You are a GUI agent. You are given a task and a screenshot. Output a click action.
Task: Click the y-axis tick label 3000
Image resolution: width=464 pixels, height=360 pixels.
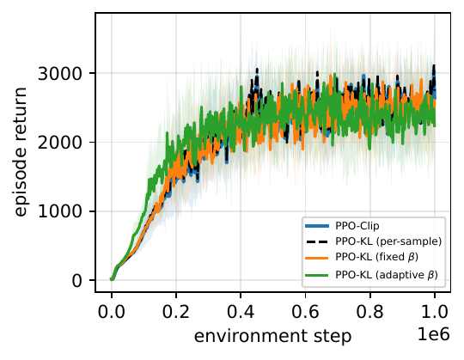point(59,73)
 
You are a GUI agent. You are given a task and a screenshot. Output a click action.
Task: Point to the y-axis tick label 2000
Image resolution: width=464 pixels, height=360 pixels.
point(59,143)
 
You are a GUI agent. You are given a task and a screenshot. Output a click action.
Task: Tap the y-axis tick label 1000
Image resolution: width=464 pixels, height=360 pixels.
point(59,211)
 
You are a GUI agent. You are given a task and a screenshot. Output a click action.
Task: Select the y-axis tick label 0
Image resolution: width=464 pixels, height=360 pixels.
point(76,280)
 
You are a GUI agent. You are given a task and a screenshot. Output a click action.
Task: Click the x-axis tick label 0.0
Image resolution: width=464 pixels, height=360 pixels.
point(112,312)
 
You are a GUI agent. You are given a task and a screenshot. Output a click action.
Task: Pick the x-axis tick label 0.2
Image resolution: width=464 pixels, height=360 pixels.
point(176,312)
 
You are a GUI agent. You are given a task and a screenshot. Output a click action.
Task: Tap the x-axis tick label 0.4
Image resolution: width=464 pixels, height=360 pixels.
point(241,312)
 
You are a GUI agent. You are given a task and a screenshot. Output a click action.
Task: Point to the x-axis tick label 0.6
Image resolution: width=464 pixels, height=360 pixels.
point(305,312)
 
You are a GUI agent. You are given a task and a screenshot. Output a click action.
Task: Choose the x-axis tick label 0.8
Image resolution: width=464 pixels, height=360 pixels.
point(369,312)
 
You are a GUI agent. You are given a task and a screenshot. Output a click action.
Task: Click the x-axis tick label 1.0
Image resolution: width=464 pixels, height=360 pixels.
point(435,312)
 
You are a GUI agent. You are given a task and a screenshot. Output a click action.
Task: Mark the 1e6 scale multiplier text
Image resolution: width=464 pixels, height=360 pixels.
point(434,334)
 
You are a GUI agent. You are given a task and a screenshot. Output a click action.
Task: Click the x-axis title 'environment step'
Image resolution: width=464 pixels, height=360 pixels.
point(273,336)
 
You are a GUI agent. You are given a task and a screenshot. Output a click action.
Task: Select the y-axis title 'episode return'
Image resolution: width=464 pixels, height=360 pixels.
point(21,152)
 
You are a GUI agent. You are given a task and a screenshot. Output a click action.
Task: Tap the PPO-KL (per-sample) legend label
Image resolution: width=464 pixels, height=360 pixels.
point(388,241)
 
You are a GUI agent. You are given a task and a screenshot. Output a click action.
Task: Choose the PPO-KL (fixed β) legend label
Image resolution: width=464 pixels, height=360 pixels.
point(376,257)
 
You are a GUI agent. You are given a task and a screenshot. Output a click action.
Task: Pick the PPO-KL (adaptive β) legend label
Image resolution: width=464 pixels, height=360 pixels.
point(387,275)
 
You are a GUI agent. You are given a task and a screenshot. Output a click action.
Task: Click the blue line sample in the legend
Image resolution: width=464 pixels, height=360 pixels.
point(317,226)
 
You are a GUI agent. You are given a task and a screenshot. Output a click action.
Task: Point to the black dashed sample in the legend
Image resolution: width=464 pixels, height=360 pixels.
point(317,241)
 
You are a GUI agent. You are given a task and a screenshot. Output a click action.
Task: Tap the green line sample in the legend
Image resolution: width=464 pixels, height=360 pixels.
point(317,275)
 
